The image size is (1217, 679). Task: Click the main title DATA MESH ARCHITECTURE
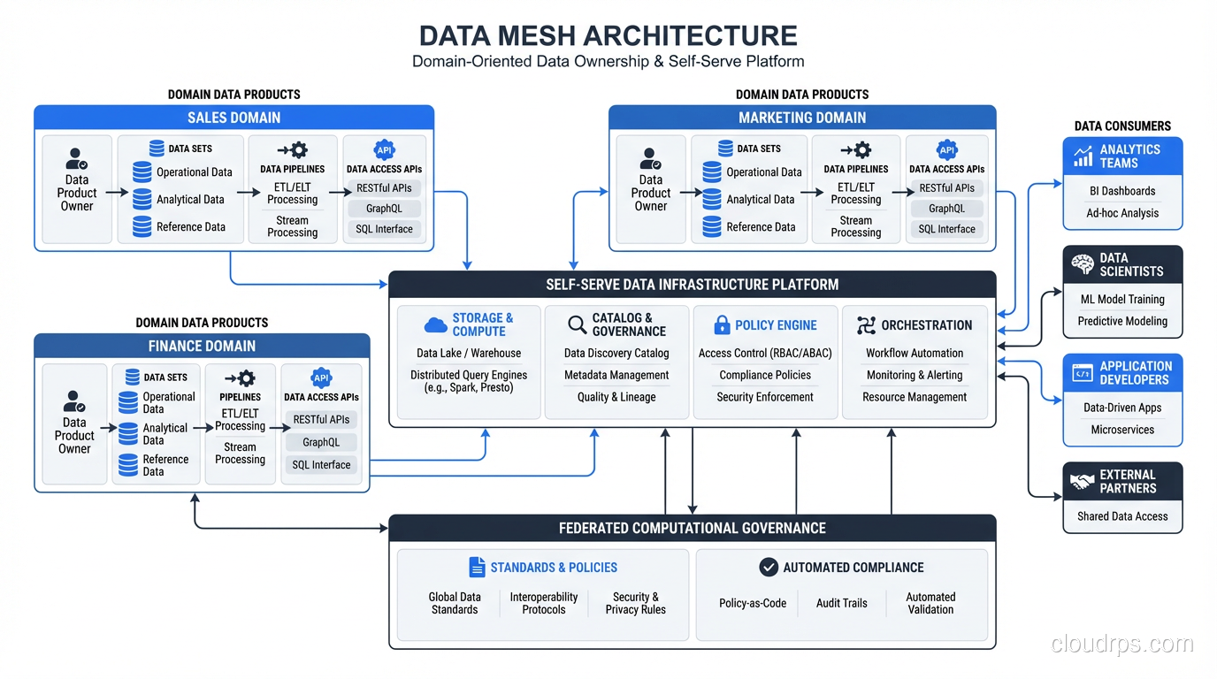[x=608, y=35]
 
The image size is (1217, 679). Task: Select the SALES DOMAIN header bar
[x=233, y=118]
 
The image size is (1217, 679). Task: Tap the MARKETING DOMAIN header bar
[x=801, y=118]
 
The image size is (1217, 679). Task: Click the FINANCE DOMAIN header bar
[x=202, y=346]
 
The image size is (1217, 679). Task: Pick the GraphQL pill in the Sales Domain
[x=384, y=209]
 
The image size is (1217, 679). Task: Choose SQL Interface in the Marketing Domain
[x=946, y=229]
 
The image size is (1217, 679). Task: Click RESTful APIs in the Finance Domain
[x=321, y=420]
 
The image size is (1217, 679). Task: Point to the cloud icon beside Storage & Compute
[x=435, y=325]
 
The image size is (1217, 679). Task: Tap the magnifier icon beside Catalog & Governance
[x=577, y=324]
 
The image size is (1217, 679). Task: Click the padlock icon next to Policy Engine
[x=722, y=324]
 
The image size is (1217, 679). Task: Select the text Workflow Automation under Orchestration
[x=915, y=353]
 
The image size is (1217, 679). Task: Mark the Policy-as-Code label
[x=753, y=603]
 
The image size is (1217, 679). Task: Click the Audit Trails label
[x=841, y=603]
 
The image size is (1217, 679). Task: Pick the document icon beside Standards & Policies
[x=477, y=568]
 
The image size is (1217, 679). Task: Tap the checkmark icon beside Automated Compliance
[x=769, y=568]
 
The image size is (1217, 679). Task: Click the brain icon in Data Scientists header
[x=1083, y=264]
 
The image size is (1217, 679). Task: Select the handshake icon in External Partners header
[x=1083, y=481]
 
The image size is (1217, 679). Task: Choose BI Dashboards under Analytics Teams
[x=1122, y=191]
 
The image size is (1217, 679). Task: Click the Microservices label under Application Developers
[x=1122, y=430]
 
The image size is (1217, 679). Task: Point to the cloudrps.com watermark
[x=1121, y=644]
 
